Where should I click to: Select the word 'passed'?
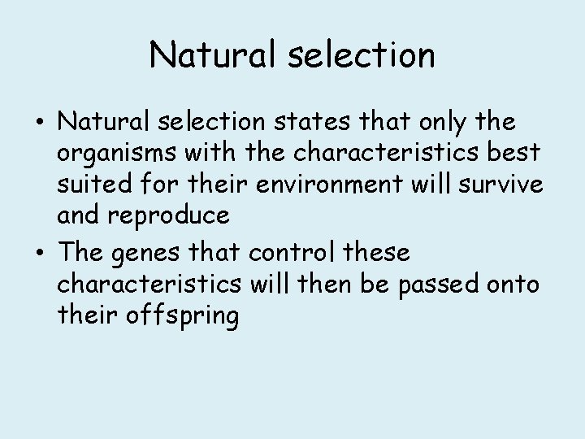[436, 284]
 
